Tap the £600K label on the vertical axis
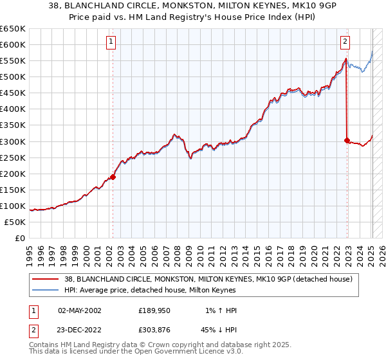pyautogui.click(x=13, y=44)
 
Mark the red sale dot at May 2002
pyautogui.click(x=113, y=177)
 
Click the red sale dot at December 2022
pyautogui.click(x=347, y=140)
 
